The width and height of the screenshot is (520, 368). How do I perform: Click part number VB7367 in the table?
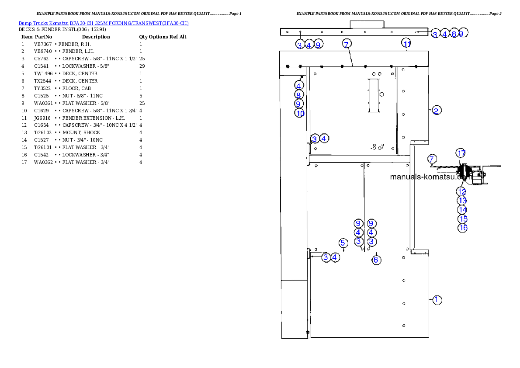[x=43, y=44]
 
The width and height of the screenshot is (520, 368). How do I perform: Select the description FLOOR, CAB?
[x=76, y=88]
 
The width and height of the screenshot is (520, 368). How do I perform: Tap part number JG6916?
[x=42, y=118]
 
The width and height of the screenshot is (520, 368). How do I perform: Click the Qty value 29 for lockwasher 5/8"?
[x=142, y=66]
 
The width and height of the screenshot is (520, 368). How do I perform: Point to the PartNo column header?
[x=43, y=37]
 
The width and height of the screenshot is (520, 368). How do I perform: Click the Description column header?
[x=96, y=37]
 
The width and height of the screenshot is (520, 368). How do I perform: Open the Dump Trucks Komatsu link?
[x=43, y=23]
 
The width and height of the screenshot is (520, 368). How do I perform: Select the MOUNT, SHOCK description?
[x=81, y=132]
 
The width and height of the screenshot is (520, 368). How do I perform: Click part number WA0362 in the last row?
[x=43, y=162]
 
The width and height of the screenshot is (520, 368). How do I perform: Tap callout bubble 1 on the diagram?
[x=437, y=300]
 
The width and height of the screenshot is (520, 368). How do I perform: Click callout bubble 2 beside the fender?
[x=436, y=111]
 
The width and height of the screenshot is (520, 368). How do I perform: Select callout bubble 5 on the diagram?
[x=343, y=243]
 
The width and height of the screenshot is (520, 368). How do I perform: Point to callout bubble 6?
[x=376, y=260]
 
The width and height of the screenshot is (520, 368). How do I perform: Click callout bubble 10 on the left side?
[x=299, y=114]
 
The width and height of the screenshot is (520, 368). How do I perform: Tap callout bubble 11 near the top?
[x=406, y=43]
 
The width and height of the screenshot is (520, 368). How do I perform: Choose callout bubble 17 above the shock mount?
[x=461, y=153]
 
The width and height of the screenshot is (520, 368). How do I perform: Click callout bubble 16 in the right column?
[x=463, y=228]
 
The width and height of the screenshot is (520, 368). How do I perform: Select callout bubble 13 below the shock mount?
[x=462, y=201]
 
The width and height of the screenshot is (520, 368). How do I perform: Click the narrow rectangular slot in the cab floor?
[x=374, y=96]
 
